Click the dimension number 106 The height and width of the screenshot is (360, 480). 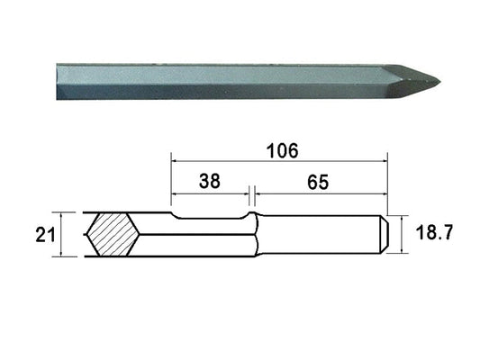[x=282, y=151]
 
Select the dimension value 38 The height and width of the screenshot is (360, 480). [x=210, y=181]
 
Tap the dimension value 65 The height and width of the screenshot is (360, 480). [x=318, y=183]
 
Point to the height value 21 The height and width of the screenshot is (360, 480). [x=45, y=235]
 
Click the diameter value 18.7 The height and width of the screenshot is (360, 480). [x=434, y=232]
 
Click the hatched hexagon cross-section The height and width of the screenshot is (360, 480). [x=113, y=234]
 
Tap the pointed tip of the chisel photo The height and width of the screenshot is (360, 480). [x=439, y=82]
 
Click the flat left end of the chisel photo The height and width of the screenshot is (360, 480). [x=57, y=82]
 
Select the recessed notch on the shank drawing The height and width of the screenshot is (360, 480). [x=210, y=218]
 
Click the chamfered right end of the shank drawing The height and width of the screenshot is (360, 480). [x=385, y=234]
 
